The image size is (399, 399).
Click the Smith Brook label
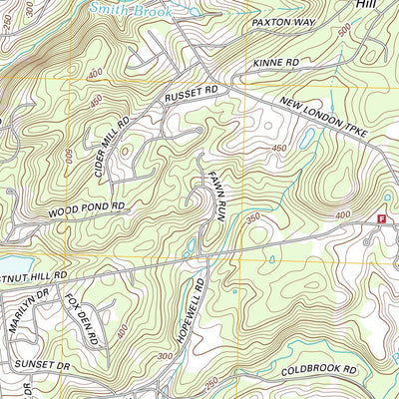coord(141,9)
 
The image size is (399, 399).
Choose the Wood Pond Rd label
coord(87,210)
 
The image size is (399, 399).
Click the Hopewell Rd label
coord(191,310)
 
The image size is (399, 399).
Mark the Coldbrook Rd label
coord(318,369)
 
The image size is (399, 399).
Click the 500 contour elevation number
coord(344,32)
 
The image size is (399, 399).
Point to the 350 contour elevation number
coord(254,216)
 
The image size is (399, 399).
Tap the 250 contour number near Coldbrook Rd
coord(210,382)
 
